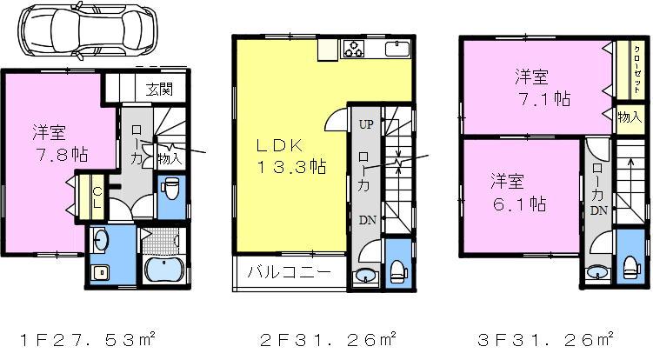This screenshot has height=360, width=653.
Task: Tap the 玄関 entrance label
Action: [158, 88]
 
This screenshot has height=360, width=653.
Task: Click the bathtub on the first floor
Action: [163, 269]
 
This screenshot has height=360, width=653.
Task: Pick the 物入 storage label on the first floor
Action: [170, 157]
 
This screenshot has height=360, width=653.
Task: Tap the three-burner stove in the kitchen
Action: [356, 49]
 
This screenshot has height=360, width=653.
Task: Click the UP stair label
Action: [365, 124]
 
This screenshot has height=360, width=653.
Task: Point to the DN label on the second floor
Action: [365, 220]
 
